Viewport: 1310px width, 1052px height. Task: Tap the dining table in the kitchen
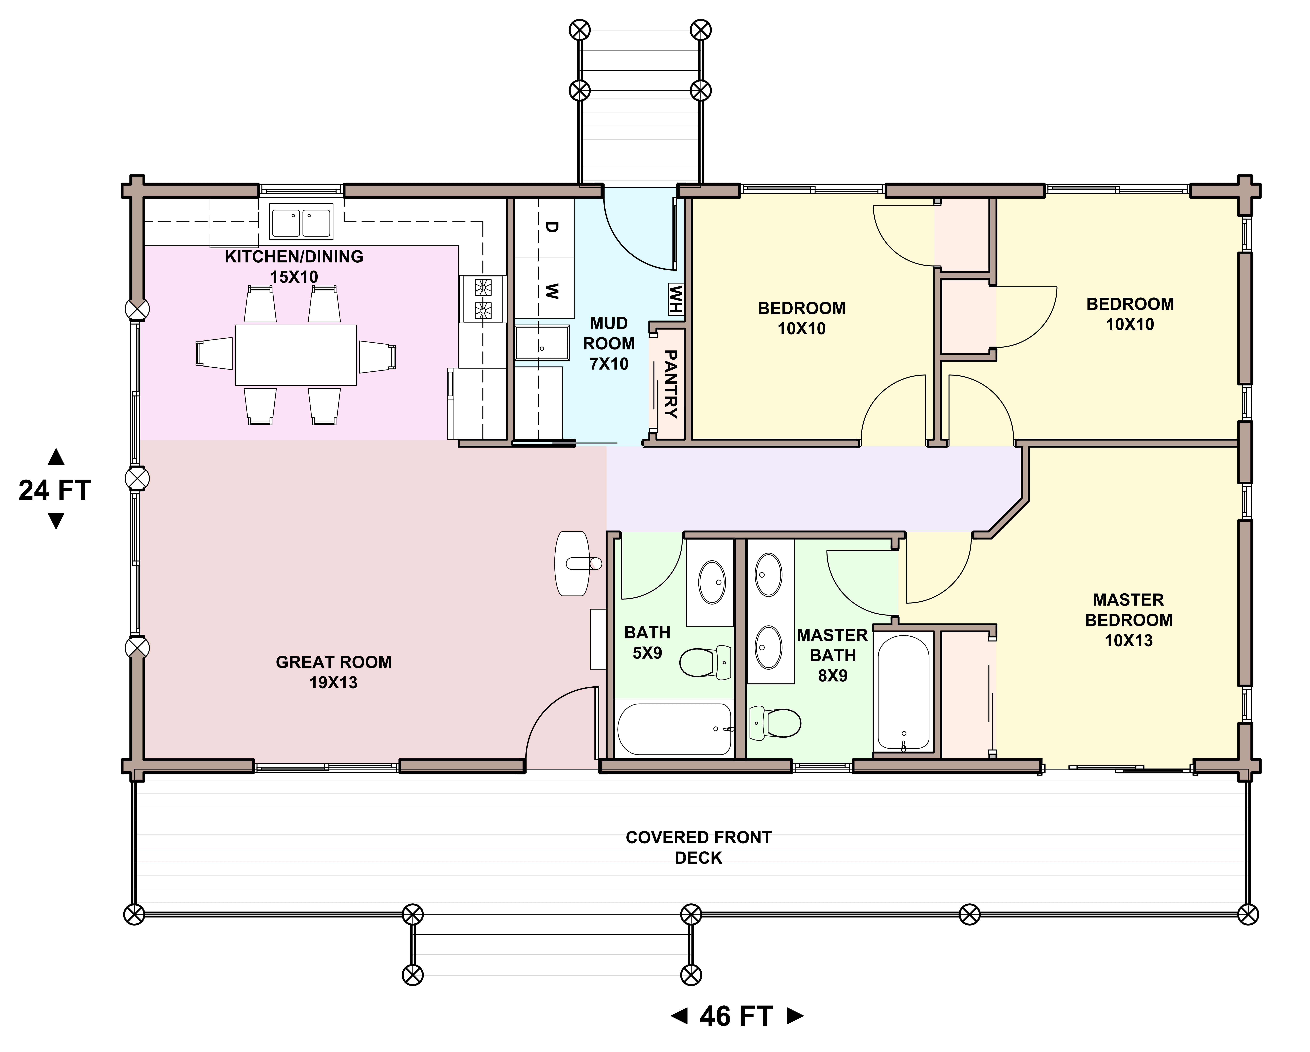[296, 355]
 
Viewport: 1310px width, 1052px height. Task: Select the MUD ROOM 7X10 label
[609, 343]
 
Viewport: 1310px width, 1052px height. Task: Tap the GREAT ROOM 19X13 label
[334, 672]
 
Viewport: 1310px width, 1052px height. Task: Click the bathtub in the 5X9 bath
[675, 729]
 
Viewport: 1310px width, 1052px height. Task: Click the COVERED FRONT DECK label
[699, 848]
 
